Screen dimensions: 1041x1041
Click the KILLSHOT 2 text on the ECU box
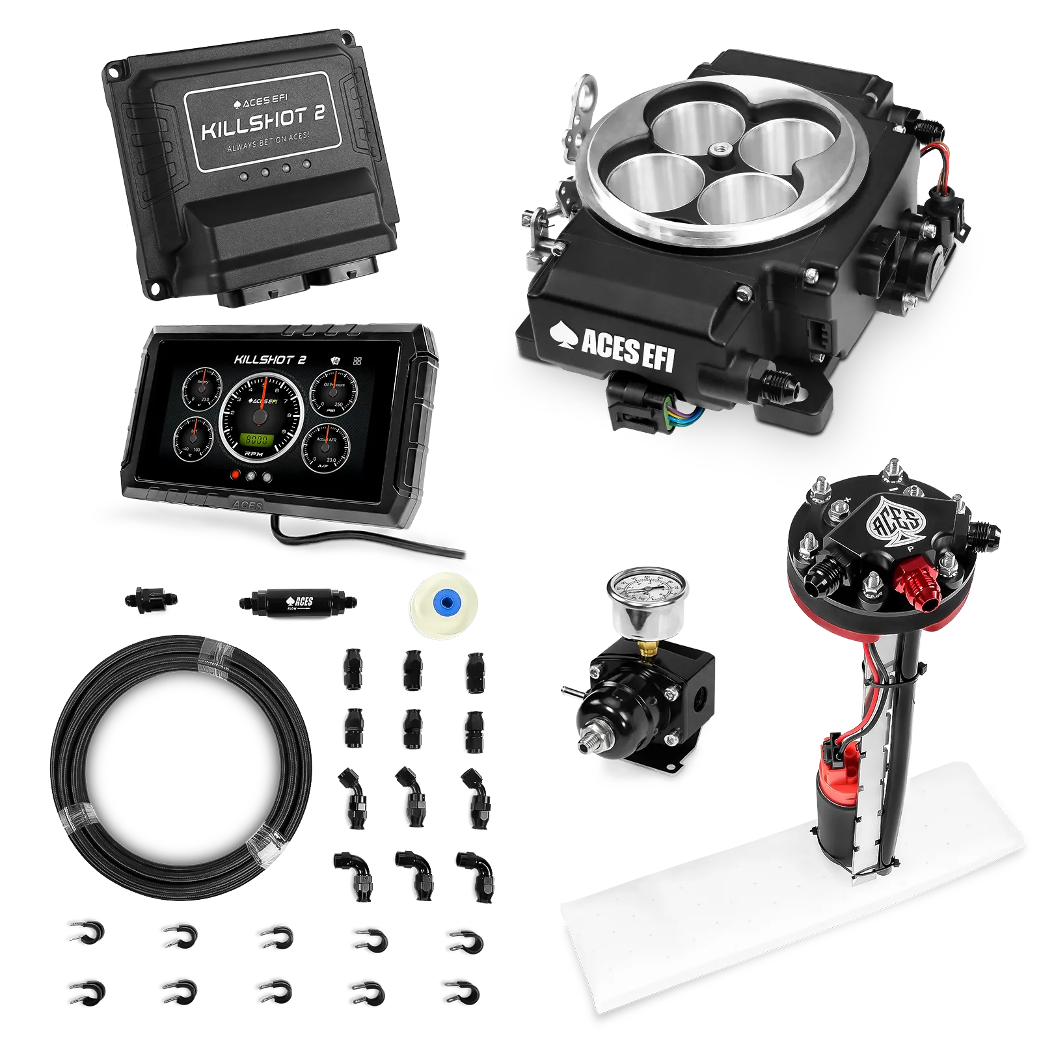(263, 123)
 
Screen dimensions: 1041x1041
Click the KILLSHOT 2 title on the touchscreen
(270, 359)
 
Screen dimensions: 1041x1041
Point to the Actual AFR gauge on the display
(328, 444)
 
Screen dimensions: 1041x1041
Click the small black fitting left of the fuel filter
(149, 598)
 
